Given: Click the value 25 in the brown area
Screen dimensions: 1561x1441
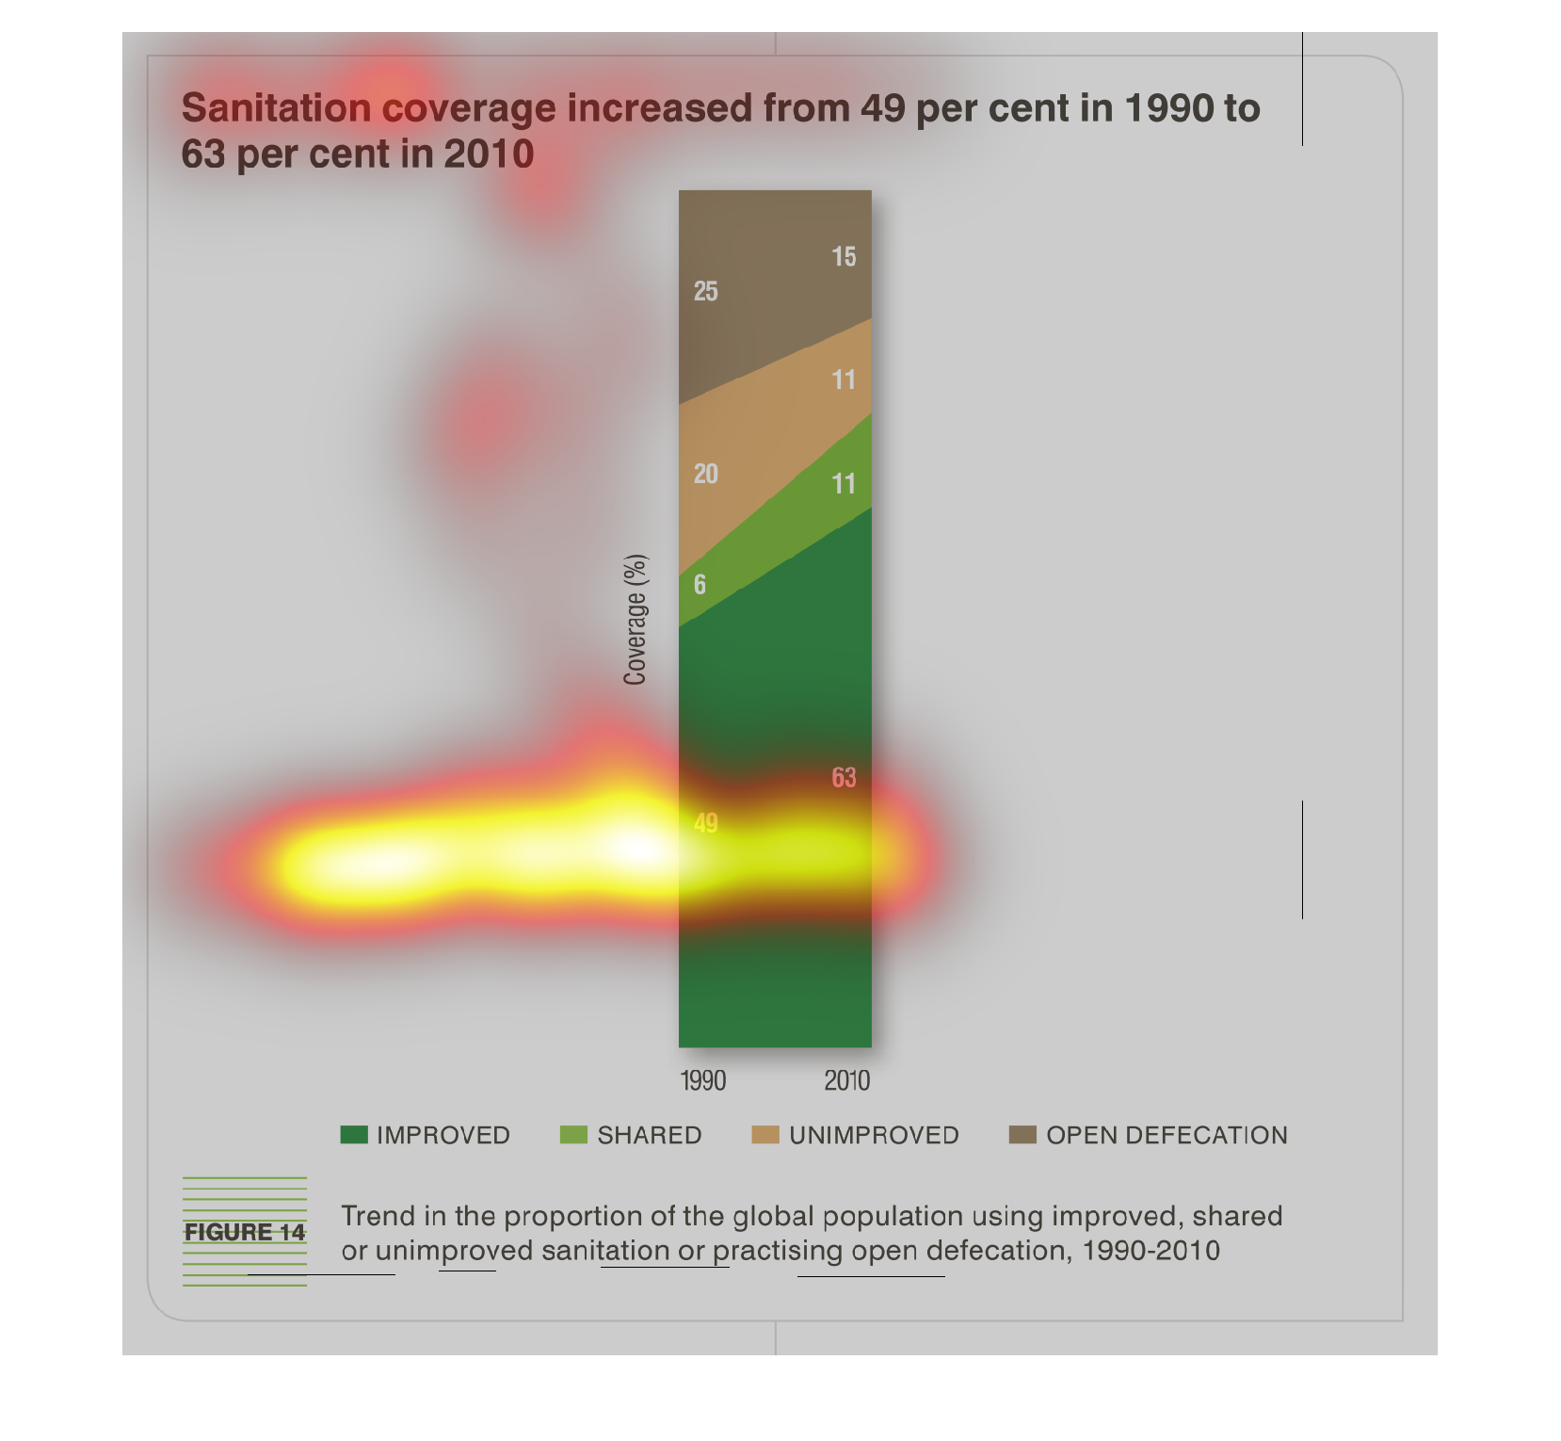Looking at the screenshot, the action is tap(706, 292).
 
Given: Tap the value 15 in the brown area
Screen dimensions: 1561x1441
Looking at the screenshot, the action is tap(844, 257).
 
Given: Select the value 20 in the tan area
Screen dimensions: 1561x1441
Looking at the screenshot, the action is tap(706, 474).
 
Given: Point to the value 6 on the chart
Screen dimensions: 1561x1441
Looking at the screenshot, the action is tap(700, 585).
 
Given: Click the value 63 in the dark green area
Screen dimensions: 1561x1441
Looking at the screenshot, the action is tap(844, 778).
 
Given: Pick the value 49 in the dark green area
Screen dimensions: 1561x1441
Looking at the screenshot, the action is tap(706, 823).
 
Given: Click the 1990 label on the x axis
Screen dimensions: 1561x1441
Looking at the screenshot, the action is tap(703, 1080).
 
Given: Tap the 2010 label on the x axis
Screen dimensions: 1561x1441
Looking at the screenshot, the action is tap(847, 1080).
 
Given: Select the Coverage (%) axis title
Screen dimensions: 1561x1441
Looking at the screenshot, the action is tap(636, 620).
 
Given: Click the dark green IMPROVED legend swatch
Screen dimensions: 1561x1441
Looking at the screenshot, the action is tap(354, 1135).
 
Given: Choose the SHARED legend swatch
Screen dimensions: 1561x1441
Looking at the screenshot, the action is tap(573, 1135).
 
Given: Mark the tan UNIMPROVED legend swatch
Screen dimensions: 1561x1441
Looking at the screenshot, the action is tap(765, 1135).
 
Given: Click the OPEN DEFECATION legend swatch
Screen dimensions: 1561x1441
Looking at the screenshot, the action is tap(1022, 1135).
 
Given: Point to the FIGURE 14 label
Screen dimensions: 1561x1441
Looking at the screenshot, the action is tap(245, 1232).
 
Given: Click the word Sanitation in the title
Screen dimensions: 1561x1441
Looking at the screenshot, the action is tap(277, 108).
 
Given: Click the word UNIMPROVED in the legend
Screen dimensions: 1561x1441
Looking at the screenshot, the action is tap(875, 1135).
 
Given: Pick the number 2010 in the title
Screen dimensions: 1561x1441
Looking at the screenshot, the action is tap(489, 154).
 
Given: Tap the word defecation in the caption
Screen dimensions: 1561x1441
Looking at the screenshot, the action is tap(999, 1251).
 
